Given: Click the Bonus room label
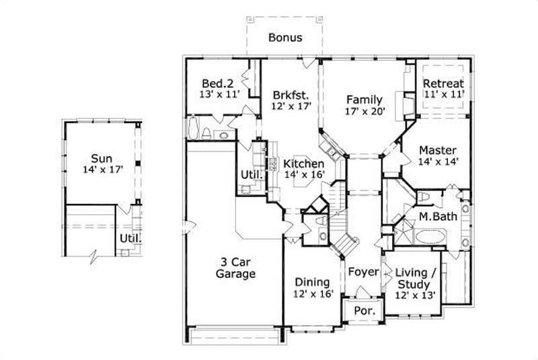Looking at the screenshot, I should (285, 38).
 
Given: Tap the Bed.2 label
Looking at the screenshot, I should (217, 83).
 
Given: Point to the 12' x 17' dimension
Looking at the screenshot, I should (289, 106).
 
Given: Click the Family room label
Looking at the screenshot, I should (364, 100).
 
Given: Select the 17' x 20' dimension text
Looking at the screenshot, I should (364, 112).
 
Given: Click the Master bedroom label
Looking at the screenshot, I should (438, 149).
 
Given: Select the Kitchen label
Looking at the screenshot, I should (304, 164).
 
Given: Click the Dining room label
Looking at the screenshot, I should (312, 282).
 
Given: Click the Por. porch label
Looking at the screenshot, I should (363, 312).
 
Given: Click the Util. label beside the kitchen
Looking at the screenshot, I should (247, 176).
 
